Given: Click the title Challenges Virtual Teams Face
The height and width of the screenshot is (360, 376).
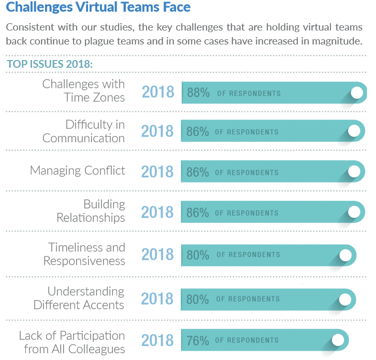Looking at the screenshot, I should (x=98, y=8).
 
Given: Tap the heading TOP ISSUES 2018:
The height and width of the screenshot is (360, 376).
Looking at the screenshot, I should (x=50, y=65).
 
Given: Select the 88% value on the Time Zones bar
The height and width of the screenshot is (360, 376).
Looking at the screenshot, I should (x=198, y=93).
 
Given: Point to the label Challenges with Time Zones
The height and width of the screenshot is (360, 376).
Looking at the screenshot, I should (x=83, y=91).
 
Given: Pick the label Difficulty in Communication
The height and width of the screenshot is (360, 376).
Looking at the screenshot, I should (x=83, y=131).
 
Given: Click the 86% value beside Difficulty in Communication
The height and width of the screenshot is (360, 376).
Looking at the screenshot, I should (x=197, y=132).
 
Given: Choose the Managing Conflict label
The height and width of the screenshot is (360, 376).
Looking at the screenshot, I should (x=78, y=171).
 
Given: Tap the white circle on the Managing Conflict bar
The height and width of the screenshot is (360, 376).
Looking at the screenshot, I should (x=354, y=171).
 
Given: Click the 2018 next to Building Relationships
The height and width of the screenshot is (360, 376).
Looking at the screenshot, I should (x=157, y=212).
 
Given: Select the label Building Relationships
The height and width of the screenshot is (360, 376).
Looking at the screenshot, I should (x=91, y=211).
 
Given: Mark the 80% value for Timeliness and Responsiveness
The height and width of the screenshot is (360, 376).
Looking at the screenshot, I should (x=198, y=254).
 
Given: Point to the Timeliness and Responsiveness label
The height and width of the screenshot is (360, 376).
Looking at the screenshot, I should (x=84, y=254).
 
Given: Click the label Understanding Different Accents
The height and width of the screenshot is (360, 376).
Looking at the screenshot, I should (x=79, y=298).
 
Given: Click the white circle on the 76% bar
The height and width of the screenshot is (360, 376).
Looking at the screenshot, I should (x=338, y=340).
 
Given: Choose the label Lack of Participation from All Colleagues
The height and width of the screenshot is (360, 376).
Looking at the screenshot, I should (x=72, y=342).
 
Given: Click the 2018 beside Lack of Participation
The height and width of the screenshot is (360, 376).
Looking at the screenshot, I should (x=157, y=340).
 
